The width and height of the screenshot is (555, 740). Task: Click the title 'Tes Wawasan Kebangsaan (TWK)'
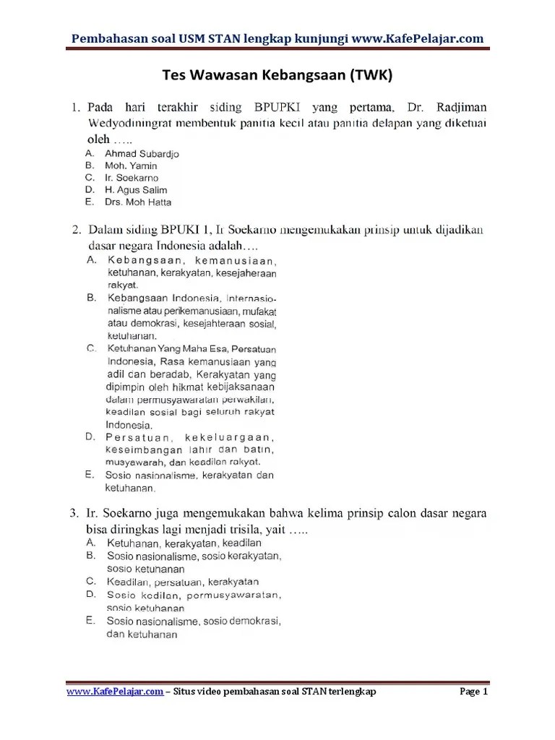coord(277,76)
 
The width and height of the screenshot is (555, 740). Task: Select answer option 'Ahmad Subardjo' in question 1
coord(142,154)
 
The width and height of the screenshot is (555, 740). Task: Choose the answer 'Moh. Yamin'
coord(131,165)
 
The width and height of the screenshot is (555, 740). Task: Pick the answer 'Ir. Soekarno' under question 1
coord(132,178)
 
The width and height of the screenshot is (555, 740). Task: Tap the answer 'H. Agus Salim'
coord(136,190)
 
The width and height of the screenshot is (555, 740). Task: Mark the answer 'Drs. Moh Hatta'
coord(138,202)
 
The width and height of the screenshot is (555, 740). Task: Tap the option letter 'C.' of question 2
coord(91,348)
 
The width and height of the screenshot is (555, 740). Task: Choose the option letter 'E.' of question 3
coord(91,620)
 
